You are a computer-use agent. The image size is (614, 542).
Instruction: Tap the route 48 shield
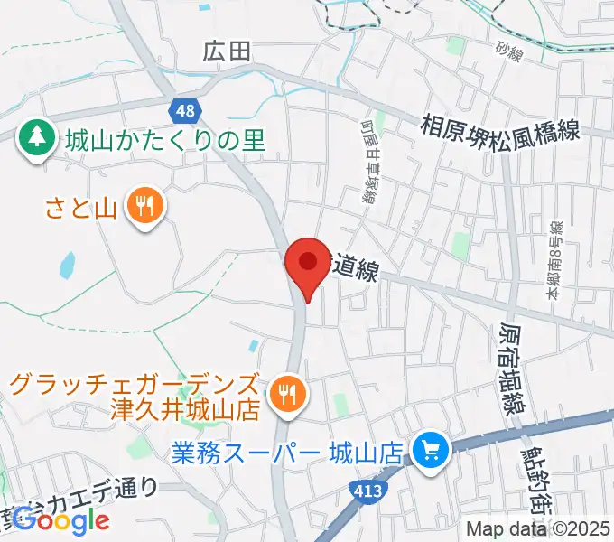click(182, 111)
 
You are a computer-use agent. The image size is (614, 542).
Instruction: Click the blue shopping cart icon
click(429, 449)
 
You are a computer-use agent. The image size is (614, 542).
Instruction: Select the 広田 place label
click(226, 53)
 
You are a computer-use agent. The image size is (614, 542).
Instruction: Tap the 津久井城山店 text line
click(185, 409)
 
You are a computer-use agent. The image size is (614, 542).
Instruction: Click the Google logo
click(61, 520)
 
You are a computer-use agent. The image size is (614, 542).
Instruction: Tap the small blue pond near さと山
click(66, 265)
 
